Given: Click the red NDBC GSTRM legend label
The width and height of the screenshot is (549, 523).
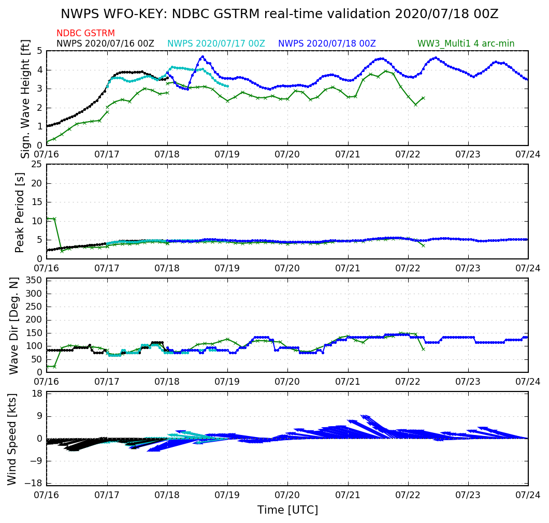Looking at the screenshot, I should (x=85, y=33).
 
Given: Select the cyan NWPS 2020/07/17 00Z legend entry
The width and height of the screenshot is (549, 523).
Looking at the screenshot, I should (x=216, y=43).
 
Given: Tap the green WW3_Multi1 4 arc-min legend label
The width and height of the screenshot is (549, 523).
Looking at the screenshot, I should (x=466, y=43).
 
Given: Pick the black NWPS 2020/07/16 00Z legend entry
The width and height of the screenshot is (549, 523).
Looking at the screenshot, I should (x=105, y=43).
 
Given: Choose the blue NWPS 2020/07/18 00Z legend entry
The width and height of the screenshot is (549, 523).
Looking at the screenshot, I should (x=327, y=43).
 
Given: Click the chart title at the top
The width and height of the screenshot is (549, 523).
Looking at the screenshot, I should (x=279, y=14).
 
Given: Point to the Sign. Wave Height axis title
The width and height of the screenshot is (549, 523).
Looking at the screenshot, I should (x=25, y=98).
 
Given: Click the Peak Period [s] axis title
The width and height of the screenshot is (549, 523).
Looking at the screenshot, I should (x=20, y=212).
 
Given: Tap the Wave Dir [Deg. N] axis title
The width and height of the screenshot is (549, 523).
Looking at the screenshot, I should (x=14, y=325).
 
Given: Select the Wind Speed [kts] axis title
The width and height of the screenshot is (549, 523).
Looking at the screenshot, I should (x=12, y=439).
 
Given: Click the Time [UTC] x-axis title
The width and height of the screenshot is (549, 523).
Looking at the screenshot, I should (x=287, y=510).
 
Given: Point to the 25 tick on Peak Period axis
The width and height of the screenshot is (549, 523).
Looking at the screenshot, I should (x=36, y=165).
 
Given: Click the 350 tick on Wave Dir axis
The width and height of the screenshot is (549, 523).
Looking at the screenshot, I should (x=34, y=281).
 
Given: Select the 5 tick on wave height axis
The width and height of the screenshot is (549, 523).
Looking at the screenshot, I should (x=39, y=51).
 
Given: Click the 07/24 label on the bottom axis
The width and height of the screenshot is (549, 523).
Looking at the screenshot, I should (x=528, y=497).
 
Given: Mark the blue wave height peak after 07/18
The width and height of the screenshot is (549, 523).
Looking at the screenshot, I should (x=202, y=56).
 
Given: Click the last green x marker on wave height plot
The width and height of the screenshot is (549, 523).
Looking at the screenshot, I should (x=423, y=97).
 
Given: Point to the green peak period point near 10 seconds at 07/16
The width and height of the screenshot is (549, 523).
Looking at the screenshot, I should (x=54, y=219).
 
